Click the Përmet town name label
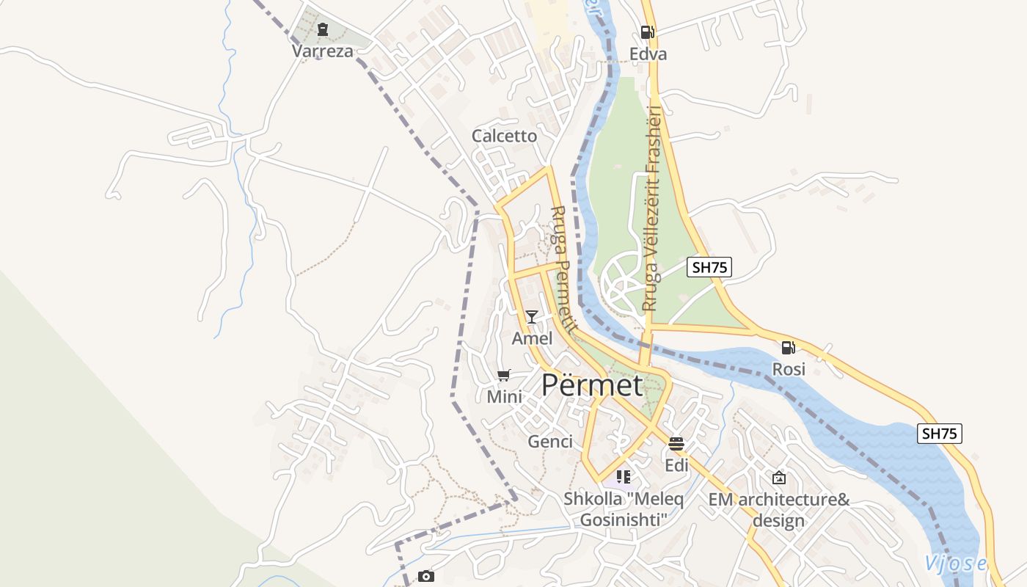tap(592, 385)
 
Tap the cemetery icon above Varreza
tap(322, 30)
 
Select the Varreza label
tap(322, 51)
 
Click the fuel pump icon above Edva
tap(647, 32)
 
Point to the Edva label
tap(648, 54)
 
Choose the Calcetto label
tap(504, 136)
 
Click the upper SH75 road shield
tap(709, 267)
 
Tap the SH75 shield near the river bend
tap(939, 434)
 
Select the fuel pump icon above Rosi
tap(789, 347)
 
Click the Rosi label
tap(789, 369)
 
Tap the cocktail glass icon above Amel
tap(532, 317)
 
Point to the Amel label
tap(532, 338)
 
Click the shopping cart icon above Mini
tap(504, 376)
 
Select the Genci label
tap(550, 441)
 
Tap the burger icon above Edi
tap(676, 444)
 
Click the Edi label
tap(676, 465)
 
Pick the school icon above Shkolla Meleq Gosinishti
tap(624, 477)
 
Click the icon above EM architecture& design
tap(779, 478)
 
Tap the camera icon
tap(426, 576)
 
